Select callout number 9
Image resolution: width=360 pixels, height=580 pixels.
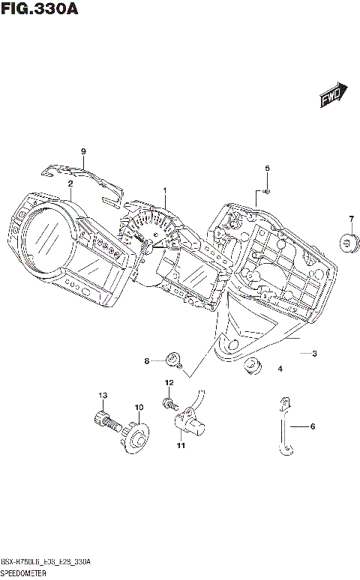(84, 152)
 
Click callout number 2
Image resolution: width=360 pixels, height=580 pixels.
(70, 184)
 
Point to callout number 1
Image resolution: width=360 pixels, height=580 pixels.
(165, 190)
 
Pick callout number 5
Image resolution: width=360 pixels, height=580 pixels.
(266, 168)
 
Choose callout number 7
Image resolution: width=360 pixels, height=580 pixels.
(350, 219)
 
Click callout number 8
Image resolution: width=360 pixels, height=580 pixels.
(148, 362)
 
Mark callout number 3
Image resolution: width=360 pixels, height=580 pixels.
(315, 354)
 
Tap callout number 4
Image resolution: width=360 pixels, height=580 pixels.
(280, 369)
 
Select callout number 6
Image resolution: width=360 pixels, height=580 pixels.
(313, 426)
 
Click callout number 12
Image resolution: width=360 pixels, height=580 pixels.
(169, 383)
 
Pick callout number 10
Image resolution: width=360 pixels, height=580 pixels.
(138, 408)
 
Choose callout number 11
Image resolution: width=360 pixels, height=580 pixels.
(180, 447)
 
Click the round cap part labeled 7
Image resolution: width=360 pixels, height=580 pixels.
(349, 241)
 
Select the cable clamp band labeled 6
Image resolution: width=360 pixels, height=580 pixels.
(283, 427)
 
